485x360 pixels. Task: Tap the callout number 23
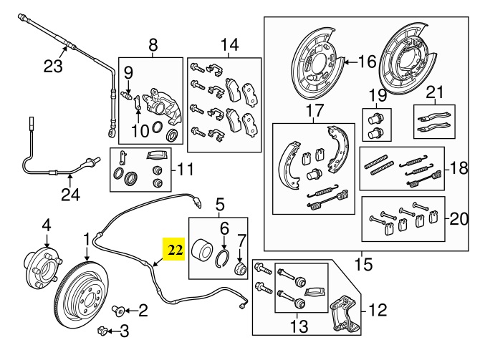[53, 67]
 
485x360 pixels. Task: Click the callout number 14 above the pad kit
[229, 46]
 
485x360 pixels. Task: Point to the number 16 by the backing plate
[366, 62]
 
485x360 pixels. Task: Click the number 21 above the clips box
[434, 92]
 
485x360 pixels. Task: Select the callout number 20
[458, 217]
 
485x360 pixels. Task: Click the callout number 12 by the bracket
[378, 310]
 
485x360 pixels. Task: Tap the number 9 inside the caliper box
[129, 72]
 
